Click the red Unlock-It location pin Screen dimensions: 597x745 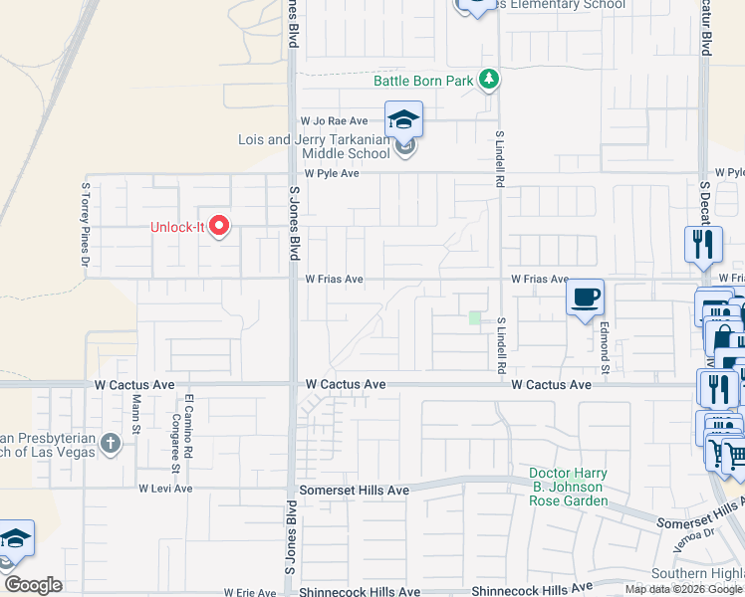click(x=219, y=227)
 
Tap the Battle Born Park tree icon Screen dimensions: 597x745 click(x=488, y=79)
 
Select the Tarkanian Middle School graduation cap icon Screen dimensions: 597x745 click(x=403, y=120)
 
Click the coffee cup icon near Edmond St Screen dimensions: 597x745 click(x=585, y=297)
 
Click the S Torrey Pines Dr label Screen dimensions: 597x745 click(x=86, y=228)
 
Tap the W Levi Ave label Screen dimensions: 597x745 click(x=163, y=489)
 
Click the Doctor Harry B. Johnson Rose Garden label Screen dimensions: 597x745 click(x=568, y=487)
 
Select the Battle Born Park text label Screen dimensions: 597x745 click(x=423, y=81)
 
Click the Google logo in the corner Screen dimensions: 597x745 click(x=32, y=585)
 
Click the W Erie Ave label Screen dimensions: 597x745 click(x=249, y=592)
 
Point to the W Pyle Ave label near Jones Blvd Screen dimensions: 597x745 click(x=332, y=173)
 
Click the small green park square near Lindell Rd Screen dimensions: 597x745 click(x=475, y=318)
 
